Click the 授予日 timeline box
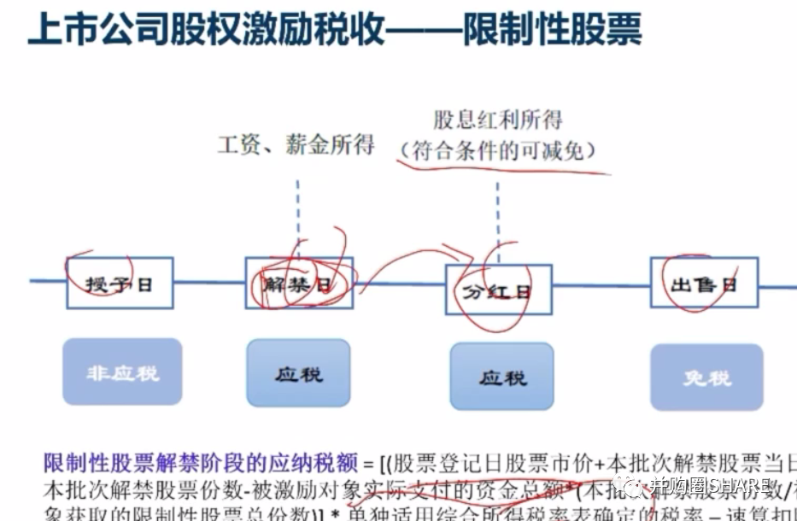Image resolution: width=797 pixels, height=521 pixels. click(x=120, y=284)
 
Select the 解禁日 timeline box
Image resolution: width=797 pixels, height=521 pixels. click(x=299, y=283)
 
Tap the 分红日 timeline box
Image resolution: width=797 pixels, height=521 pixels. click(x=499, y=290)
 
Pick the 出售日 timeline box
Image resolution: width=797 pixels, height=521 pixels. click(x=704, y=284)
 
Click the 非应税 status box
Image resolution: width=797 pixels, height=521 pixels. click(x=122, y=372)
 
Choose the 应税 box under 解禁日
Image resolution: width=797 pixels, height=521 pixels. click(x=298, y=372)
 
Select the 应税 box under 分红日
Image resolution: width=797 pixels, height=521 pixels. click(x=502, y=376)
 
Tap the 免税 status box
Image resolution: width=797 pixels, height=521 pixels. click(x=706, y=377)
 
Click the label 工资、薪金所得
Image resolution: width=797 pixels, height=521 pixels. click(x=296, y=144)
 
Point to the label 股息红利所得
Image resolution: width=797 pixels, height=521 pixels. click(x=498, y=120)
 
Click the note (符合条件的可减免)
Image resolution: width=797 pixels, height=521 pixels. click(x=498, y=151)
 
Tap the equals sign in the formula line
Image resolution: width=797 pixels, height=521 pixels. click(x=369, y=465)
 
